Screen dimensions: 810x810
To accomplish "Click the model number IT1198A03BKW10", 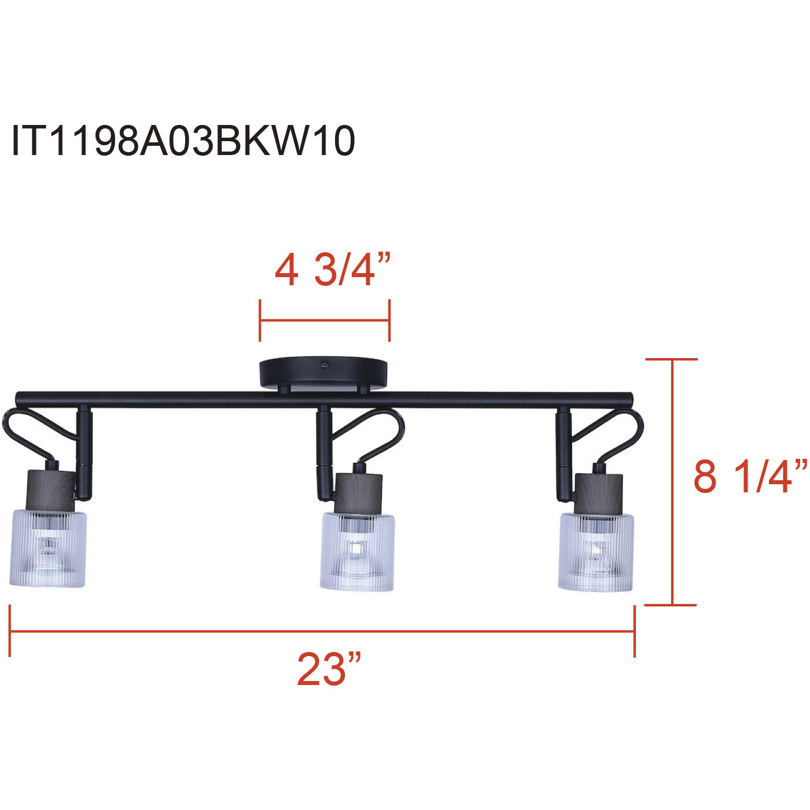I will [183, 141].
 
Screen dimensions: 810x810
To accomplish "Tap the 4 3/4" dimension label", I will [333, 270].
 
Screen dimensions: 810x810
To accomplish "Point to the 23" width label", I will [329, 669].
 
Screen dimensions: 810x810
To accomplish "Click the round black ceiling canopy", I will [323, 373].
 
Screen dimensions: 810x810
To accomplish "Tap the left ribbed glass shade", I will [49, 549].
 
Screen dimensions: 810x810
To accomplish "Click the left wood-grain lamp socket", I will [51, 491].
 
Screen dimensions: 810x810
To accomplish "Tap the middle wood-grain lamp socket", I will [358, 493].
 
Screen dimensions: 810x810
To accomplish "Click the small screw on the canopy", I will [325, 365].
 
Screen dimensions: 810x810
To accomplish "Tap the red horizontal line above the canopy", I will [325, 321].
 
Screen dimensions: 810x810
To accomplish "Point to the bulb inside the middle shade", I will [356, 550].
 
